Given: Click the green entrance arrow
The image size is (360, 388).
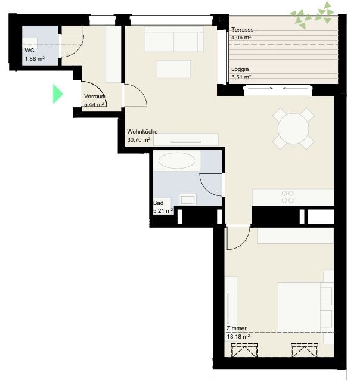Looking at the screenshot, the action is click(58, 94).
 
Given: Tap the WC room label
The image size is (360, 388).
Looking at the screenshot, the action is click(29, 51).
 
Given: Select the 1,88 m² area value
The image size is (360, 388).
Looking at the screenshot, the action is click(35, 59).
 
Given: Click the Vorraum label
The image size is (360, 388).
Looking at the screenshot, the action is click(95, 97).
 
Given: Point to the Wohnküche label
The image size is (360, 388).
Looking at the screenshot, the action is click(142, 131).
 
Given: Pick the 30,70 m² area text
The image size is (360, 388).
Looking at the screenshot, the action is click(138, 140).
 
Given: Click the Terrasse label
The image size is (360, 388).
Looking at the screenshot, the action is click(243, 29).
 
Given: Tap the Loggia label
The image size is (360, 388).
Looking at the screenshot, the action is click(240, 69).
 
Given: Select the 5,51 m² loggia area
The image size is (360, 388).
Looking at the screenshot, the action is click(241, 77).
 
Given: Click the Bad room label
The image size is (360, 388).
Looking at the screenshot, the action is click(159, 203).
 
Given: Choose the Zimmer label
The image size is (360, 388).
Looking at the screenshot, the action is click(237, 328).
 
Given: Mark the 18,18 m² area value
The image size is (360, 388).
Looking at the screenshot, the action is click(238, 337).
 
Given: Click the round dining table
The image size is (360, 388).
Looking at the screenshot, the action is click(293, 128).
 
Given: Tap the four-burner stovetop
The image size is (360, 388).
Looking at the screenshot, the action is click(288, 197).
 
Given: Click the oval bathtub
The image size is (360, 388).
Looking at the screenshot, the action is click(176, 160).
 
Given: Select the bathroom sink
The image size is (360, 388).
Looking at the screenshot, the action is click(188, 200).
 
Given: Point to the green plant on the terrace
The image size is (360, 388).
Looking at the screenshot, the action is click(313, 15).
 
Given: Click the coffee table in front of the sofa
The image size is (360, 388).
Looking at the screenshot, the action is click(173, 69).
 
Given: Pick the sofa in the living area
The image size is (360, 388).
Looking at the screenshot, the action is click(173, 39).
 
